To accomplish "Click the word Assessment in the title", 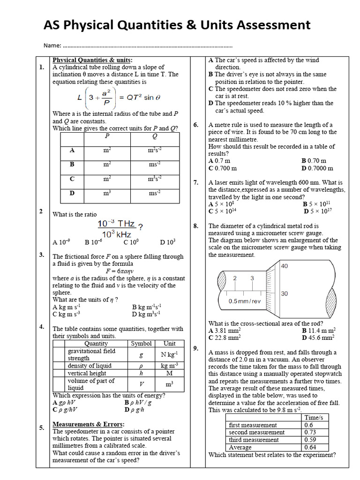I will click(x=267, y=24).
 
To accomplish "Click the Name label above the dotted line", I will click(x=52, y=46).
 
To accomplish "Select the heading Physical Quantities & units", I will click(x=92, y=60).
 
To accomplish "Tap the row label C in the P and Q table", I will click(x=72, y=179).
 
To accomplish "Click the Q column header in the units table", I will click(x=154, y=136).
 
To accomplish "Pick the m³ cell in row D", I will click(x=107, y=193).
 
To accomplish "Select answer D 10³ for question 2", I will click(x=167, y=242).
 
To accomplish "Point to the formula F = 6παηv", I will click(x=120, y=271).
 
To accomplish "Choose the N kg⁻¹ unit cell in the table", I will click(x=169, y=354).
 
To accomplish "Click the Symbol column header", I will click(x=141, y=344).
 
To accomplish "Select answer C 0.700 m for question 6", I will click(x=223, y=168).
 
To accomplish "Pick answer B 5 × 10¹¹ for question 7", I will click(x=316, y=204).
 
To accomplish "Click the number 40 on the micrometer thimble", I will click(x=284, y=266).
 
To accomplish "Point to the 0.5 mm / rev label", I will click(x=244, y=301).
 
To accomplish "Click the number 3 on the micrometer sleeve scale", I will click(x=252, y=278).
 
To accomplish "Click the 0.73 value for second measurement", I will click(x=310, y=432).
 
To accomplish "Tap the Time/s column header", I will click(x=316, y=417).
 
